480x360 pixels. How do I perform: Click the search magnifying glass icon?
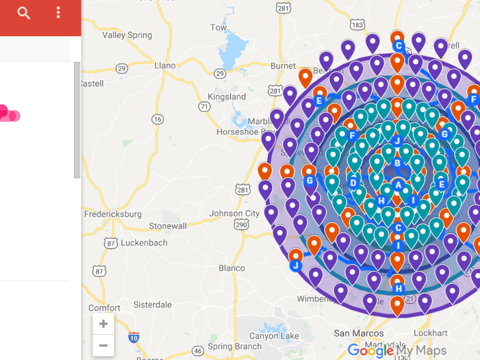[24, 13]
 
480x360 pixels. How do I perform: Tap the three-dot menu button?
[58, 13]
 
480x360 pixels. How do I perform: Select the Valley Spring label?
[127, 35]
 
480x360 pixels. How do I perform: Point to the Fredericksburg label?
[113, 214]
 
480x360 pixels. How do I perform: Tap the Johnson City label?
[234, 213]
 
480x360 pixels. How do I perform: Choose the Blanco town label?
[231, 268]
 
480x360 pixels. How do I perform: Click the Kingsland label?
[227, 96]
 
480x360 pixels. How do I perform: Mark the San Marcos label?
[359, 333]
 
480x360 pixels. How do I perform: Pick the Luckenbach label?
[144, 243]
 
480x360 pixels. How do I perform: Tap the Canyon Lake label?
[274, 336]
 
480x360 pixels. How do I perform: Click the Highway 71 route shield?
[204, 107]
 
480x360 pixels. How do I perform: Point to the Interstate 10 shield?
[134, 337]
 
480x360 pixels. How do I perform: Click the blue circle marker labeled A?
[397, 184]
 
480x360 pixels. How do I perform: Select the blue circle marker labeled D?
[354, 182]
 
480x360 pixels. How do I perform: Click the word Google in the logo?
[370, 351]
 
